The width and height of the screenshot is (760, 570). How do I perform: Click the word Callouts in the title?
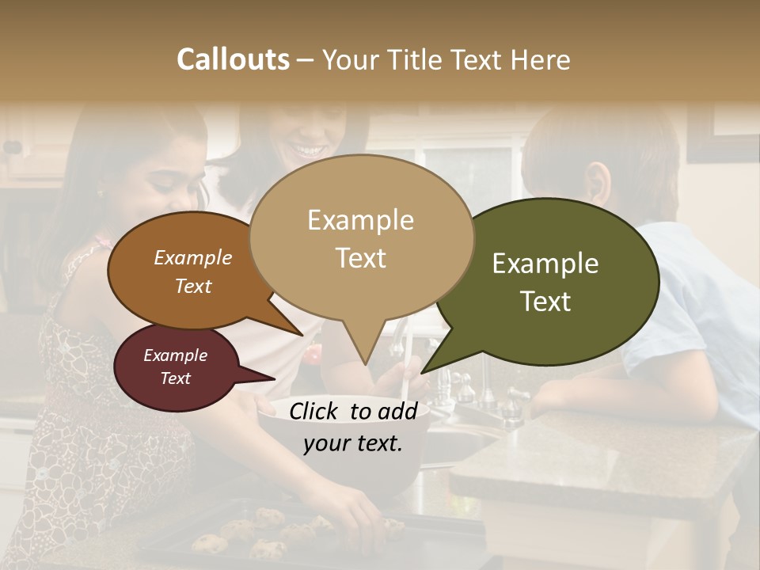click(x=233, y=59)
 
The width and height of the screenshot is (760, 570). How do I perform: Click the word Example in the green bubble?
click(x=545, y=264)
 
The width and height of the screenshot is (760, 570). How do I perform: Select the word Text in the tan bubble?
click(x=361, y=258)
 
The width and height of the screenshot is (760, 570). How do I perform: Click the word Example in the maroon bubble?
click(x=175, y=355)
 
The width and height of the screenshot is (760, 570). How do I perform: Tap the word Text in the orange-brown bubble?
click(x=193, y=286)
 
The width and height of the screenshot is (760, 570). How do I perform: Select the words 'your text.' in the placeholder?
click(x=353, y=443)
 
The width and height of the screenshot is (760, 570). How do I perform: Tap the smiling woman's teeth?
click(x=306, y=149)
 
